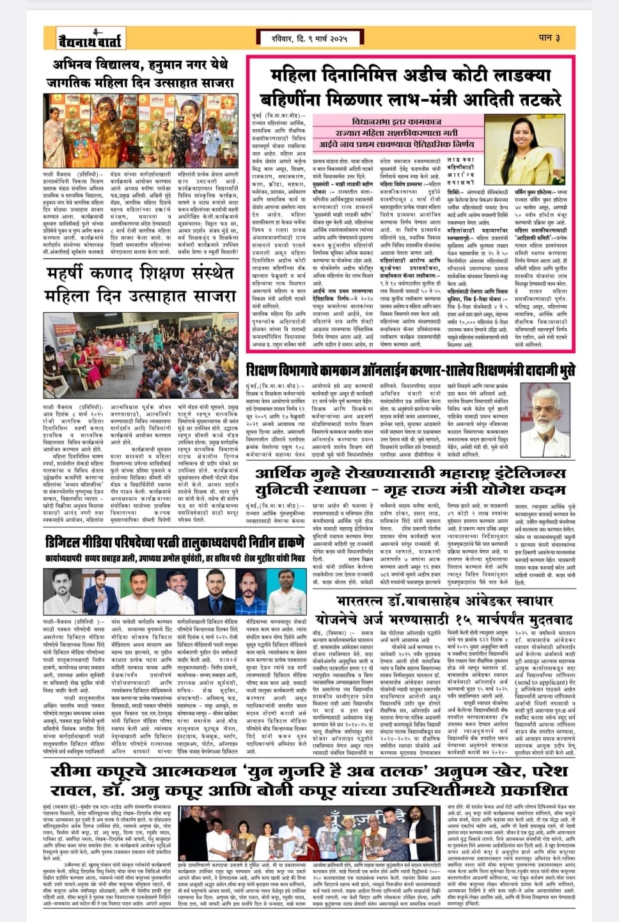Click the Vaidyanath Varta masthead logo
84,38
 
